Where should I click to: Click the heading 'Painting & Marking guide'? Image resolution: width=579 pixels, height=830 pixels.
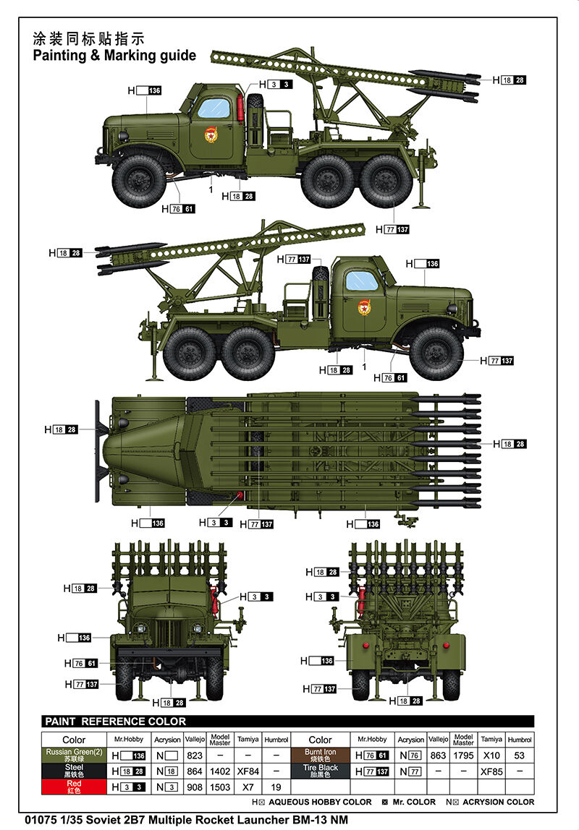pos(114,56)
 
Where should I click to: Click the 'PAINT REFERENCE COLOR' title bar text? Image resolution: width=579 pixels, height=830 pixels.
pos(116,721)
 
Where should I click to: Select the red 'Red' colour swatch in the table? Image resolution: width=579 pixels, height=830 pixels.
pos(74,787)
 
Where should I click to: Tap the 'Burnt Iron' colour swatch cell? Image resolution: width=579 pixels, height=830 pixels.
pos(320,755)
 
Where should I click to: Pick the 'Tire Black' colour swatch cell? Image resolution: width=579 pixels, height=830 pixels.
pos(320,771)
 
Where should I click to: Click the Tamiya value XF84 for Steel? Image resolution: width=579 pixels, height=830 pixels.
pos(248,771)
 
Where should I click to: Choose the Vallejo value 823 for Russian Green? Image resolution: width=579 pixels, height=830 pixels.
pos(195,756)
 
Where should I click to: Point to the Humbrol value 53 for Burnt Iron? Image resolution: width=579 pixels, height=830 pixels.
pos(519,756)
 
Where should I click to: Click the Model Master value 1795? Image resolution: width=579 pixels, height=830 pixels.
pos(463,756)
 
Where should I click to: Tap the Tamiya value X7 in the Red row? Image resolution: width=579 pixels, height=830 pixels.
pos(248,787)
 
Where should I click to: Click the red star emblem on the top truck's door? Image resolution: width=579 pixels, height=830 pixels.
pos(211,135)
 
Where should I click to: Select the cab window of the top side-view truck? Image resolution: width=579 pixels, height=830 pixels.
pos(214,108)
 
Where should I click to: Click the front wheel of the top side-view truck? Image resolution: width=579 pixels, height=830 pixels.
pos(139,181)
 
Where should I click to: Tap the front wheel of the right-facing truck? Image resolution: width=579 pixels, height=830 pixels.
pos(436,354)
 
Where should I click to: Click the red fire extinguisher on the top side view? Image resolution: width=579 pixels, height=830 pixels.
pos(241,109)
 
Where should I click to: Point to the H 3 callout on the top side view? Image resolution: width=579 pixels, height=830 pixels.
pos(276,84)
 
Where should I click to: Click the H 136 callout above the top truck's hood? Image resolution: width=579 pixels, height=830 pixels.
pos(144,90)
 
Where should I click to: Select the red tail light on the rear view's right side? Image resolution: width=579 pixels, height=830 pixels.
pos(446,645)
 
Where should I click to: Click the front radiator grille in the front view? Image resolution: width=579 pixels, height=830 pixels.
pos(169,633)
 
